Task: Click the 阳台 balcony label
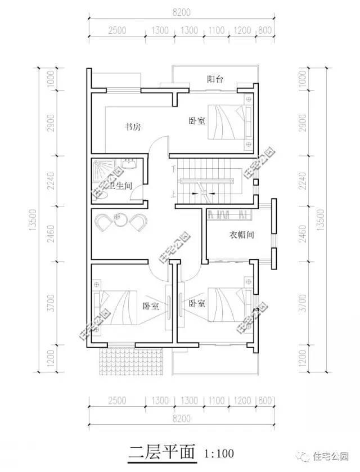click(x=215, y=79)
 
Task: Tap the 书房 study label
click(x=133, y=127)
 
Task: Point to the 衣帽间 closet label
click(x=241, y=235)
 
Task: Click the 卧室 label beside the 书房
click(x=197, y=120)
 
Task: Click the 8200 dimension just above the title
click(x=179, y=419)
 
